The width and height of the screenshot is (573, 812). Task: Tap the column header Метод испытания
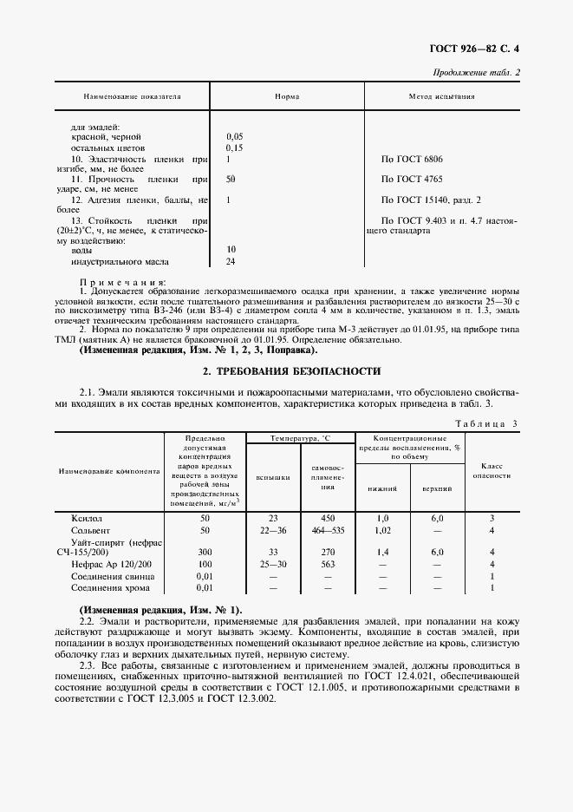(x=442, y=96)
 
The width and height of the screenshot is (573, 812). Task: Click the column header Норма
(x=287, y=96)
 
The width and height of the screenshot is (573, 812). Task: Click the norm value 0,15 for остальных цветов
(x=234, y=148)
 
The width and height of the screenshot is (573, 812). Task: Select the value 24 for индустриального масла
(x=231, y=260)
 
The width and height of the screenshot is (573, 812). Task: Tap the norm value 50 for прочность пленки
(x=231, y=179)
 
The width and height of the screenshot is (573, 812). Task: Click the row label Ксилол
(x=87, y=517)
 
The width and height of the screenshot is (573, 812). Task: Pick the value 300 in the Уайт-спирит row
(x=205, y=552)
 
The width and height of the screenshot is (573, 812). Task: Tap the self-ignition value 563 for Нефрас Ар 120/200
(x=328, y=563)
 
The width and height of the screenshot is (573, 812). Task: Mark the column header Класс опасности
(x=492, y=470)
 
